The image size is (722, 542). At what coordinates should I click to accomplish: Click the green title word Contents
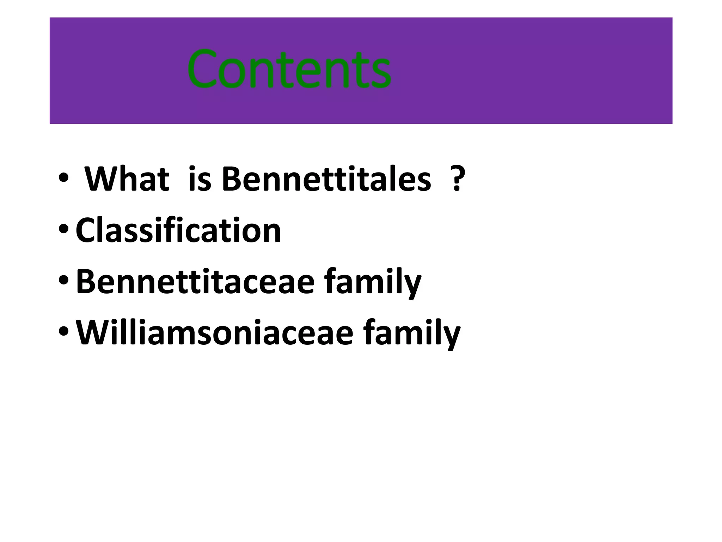click(x=289, y=70)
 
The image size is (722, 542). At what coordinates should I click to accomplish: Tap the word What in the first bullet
click(x=127, y=179)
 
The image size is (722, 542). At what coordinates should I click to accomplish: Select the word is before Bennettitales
click(x=200, y=179)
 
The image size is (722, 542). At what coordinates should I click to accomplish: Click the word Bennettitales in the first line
click(x=326, y=179)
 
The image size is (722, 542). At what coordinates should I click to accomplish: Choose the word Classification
click(x=178, y=230)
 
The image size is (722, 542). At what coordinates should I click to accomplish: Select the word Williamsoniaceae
click(x=215, y=332)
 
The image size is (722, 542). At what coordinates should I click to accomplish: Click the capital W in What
click(x=103, y=179)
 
